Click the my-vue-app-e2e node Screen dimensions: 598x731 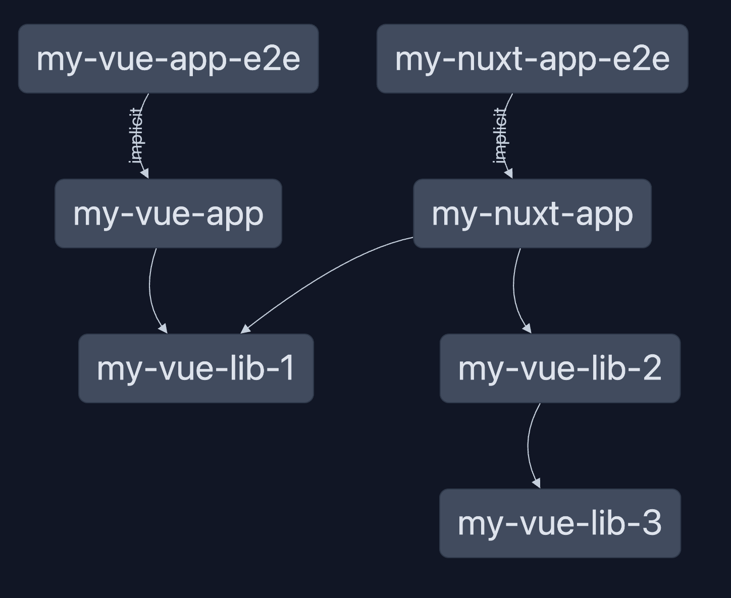[x=168, y=59]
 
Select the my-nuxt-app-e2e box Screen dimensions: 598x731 [x=532, y=59]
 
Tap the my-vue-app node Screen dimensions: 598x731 [x=168, y=213]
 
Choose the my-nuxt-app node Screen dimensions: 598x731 [x=532, y=213]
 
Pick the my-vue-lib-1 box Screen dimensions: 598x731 [x=196, y=368]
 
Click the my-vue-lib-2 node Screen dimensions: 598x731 [x=560, y=368]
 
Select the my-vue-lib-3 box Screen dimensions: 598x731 [x=560, y=523]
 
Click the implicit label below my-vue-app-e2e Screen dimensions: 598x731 [x=136, y=136]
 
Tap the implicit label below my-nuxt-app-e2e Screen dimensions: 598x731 [x=500, y=136]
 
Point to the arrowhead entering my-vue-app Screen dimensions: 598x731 [x=145, y=174]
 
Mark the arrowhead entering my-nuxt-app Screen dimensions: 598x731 [x=508, y=174]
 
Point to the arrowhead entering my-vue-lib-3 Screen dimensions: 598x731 [x=537, y=483]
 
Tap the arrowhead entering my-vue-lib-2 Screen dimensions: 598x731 [x=527, y=329]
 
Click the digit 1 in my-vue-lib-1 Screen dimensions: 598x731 [x=288, y=368]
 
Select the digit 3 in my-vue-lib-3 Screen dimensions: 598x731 [x=652, y=523]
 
